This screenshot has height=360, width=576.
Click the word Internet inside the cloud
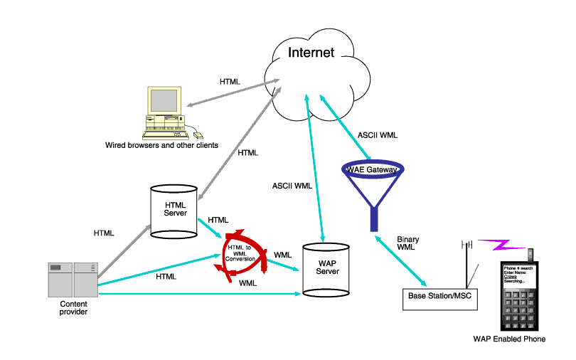311,53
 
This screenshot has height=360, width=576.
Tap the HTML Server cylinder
174,210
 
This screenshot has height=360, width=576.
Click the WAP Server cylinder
326,270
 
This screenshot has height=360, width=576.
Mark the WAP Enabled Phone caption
509,339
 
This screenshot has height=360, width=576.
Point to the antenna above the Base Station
466,260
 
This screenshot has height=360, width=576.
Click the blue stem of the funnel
373,217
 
